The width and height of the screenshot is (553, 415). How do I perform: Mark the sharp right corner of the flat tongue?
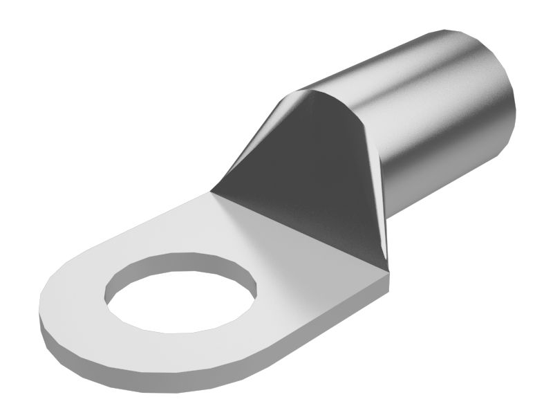388,275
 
